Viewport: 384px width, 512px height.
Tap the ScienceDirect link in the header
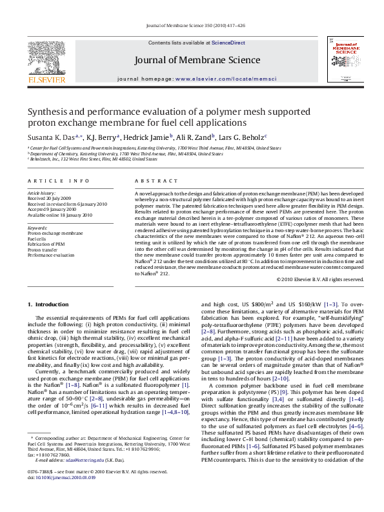pyautogui.click(x=228, y=43)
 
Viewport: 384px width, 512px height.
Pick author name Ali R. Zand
pyautogui.click(x=195, y=137)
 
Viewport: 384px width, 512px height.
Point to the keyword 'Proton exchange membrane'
pyautogui.click(x=55, y=232)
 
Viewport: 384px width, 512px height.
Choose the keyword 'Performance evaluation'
pyautogui.click(x=51, y=255)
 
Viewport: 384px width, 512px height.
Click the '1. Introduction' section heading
pyautogui.click(x=50, y=304)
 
